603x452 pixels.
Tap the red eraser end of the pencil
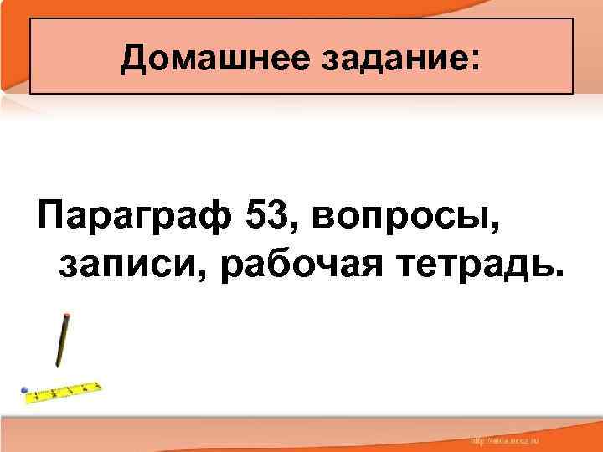(x=66, y=316)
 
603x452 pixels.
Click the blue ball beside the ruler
(x=25, y=391)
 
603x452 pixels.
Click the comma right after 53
(x=292, y=231)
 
